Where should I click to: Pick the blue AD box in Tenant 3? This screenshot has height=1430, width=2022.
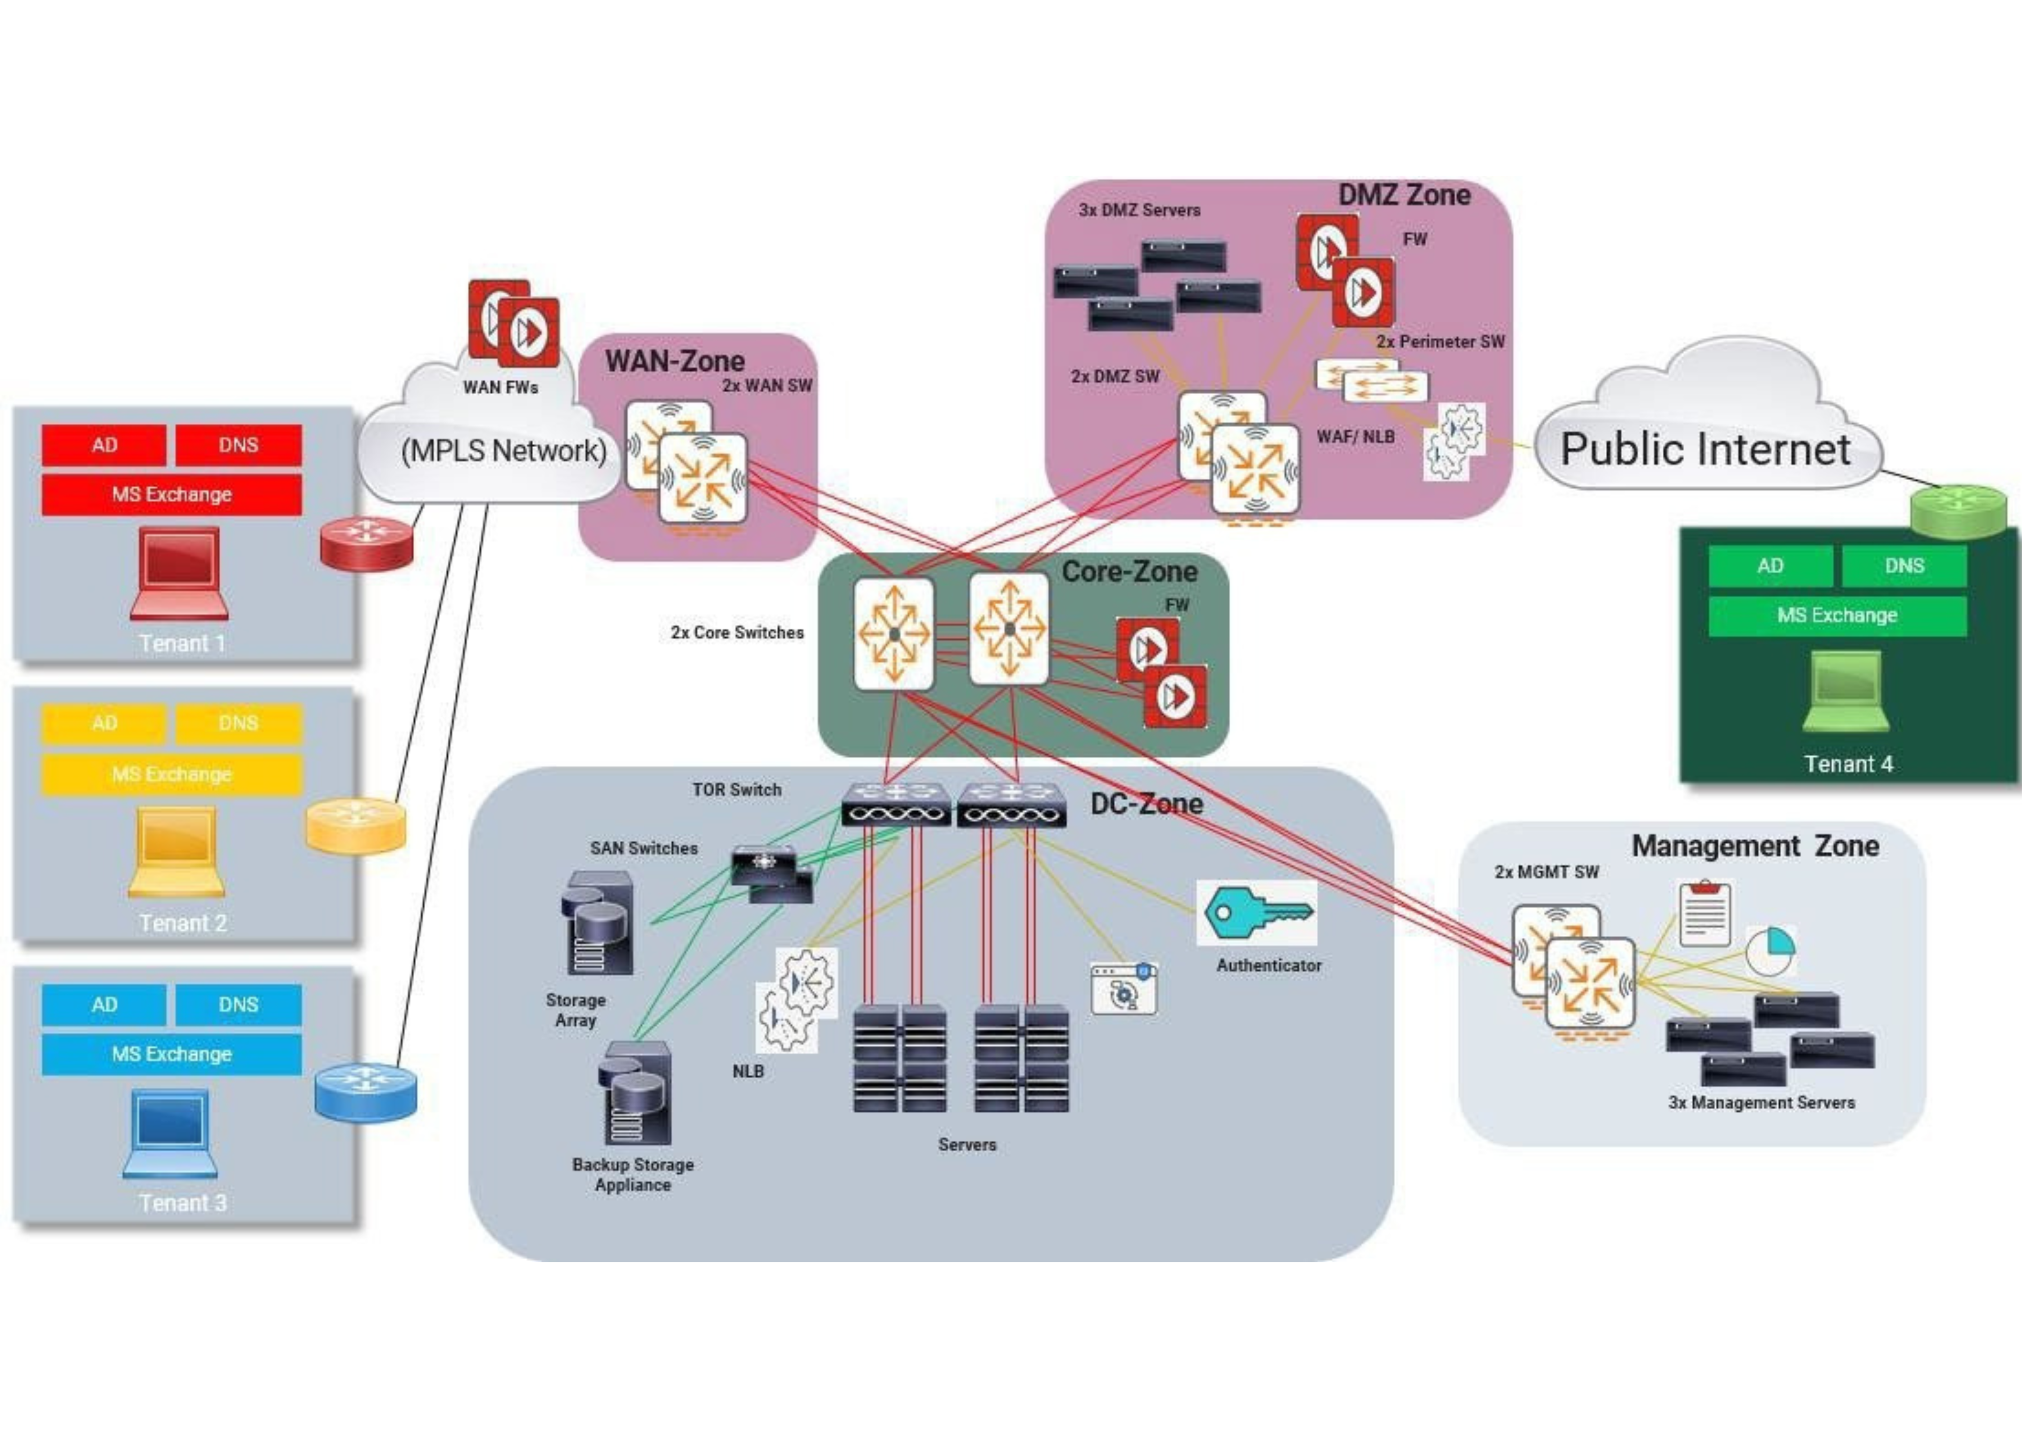point(104,1005)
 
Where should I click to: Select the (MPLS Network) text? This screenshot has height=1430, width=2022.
point(504,451)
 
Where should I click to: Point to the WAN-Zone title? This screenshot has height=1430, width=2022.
point(675,361)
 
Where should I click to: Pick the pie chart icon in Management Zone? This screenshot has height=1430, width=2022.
point(1770,950)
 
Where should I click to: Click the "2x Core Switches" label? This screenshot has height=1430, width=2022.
point(737,632)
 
